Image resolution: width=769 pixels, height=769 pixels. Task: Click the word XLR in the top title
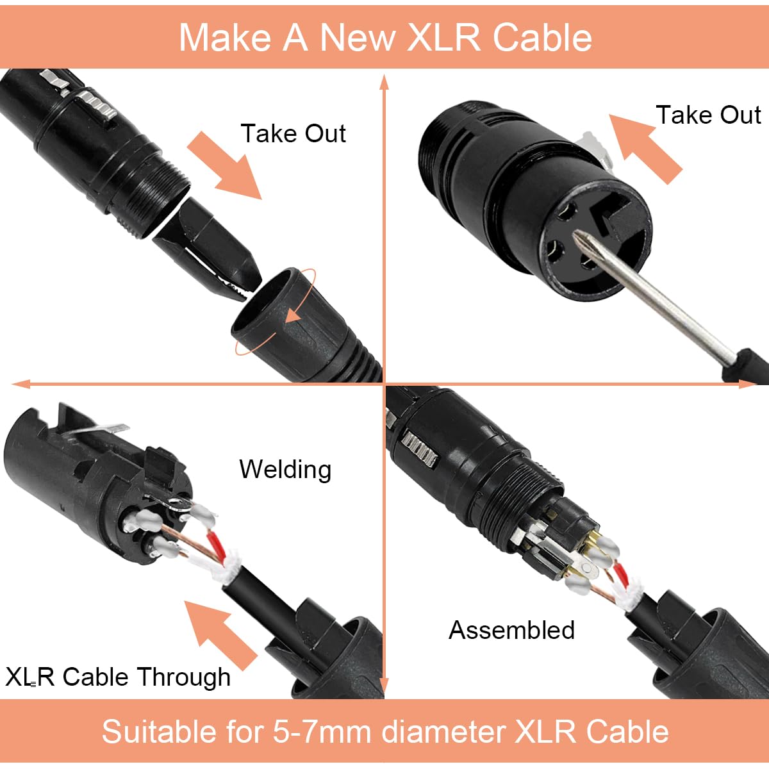[443, 37]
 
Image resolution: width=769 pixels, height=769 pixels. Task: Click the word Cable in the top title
[542, 37]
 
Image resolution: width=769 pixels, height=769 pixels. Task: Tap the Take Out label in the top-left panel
[293, 133]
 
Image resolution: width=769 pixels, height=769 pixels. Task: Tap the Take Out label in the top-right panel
[708, 115]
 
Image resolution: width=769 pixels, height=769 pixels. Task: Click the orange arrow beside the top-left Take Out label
[225, 166]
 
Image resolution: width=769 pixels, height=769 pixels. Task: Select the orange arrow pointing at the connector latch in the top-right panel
[645, 148]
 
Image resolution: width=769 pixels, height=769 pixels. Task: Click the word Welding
[285, 470]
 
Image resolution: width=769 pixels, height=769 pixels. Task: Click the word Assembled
[511, 630]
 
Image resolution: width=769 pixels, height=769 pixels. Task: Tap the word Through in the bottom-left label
[183, 677]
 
